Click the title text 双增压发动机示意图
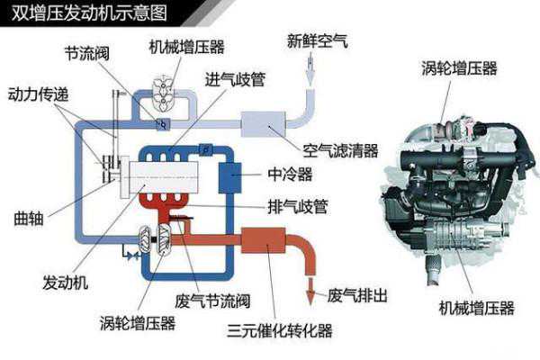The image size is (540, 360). [89, 13]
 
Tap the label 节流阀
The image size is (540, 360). [87, 54]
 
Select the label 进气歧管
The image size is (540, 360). [236, 79]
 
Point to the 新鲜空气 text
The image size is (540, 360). [318, 41]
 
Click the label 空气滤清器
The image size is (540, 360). [340, 150]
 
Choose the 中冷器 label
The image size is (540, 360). [290, 175]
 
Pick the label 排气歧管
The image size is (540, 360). [298, 207]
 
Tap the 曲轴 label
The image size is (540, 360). [29, 219]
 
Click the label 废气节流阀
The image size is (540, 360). [212, 301]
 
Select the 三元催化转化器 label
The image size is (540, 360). [280, 330]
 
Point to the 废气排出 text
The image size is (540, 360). [357, 295]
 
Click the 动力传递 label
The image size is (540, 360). [38, 94]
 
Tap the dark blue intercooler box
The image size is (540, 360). [229, 177]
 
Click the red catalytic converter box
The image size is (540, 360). [263, 240]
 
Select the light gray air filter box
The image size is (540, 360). [263, 124]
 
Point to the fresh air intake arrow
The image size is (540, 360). [310, 69]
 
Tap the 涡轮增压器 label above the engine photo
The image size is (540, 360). [459, 67]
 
